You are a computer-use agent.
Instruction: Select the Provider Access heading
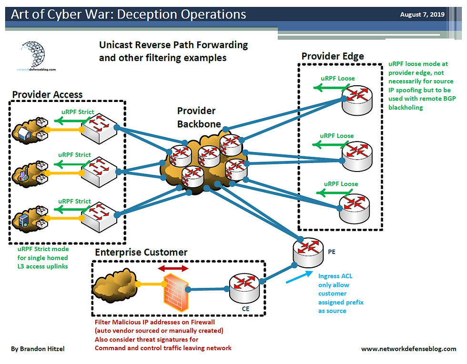[47, 94]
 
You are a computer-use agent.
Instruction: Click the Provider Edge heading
[333, 56]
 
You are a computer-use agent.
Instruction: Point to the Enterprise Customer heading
[141, 252]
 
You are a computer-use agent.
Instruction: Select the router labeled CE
[244, 289]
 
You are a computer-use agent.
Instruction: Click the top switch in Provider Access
[98, 128]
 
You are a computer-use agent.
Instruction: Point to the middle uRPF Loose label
[337, 136]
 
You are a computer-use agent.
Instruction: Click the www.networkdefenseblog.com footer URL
[408, 349]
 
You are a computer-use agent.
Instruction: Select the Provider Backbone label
[199, 117]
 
